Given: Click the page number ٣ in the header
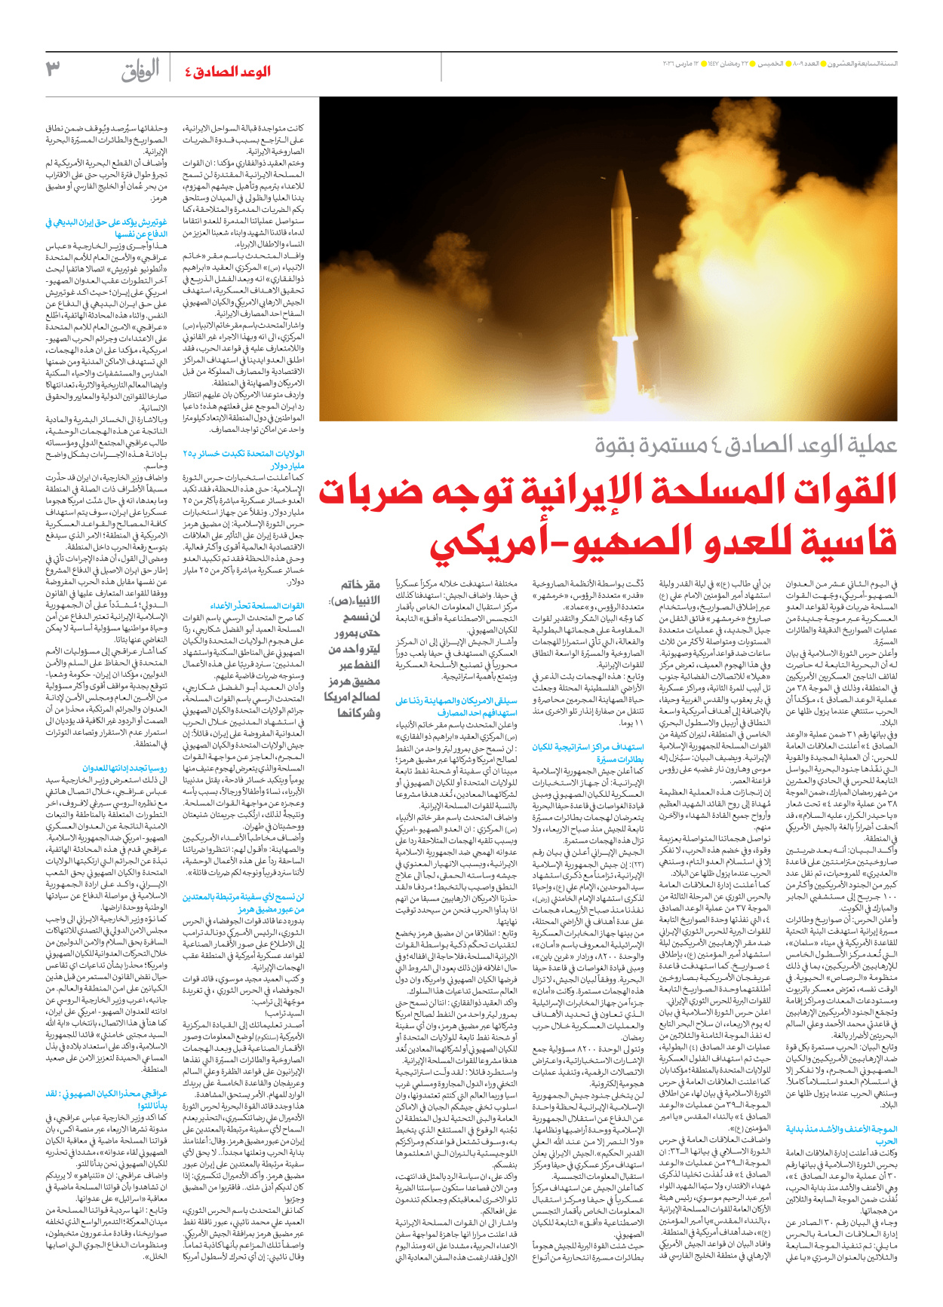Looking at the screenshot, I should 52,69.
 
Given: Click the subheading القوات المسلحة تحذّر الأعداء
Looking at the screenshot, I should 257,606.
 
